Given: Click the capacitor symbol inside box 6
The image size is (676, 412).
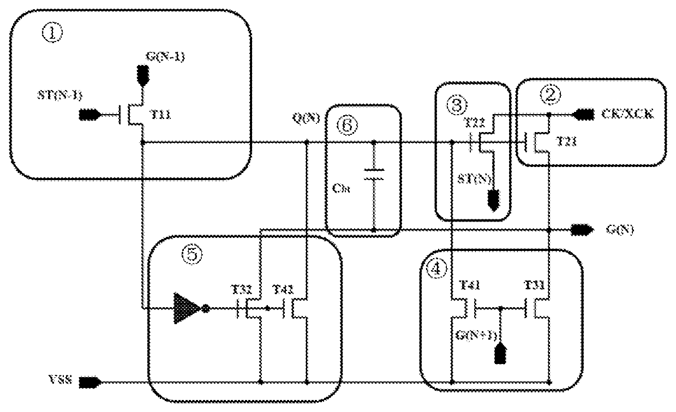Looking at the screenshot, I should coord(374,175).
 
